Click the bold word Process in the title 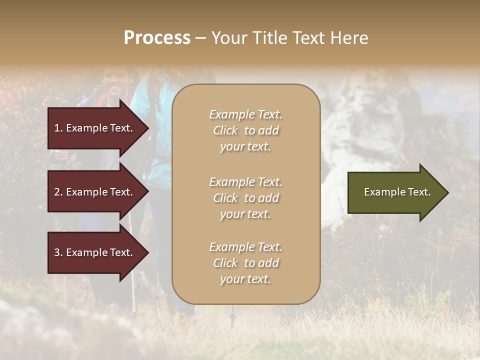157,38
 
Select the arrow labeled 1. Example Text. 95,128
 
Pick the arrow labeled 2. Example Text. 95,192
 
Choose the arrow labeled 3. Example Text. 95,252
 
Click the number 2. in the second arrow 58,192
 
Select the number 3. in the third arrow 58,252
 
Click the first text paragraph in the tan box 245,130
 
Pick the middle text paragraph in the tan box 245,198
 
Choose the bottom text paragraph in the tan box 245,263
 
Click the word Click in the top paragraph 225,130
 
